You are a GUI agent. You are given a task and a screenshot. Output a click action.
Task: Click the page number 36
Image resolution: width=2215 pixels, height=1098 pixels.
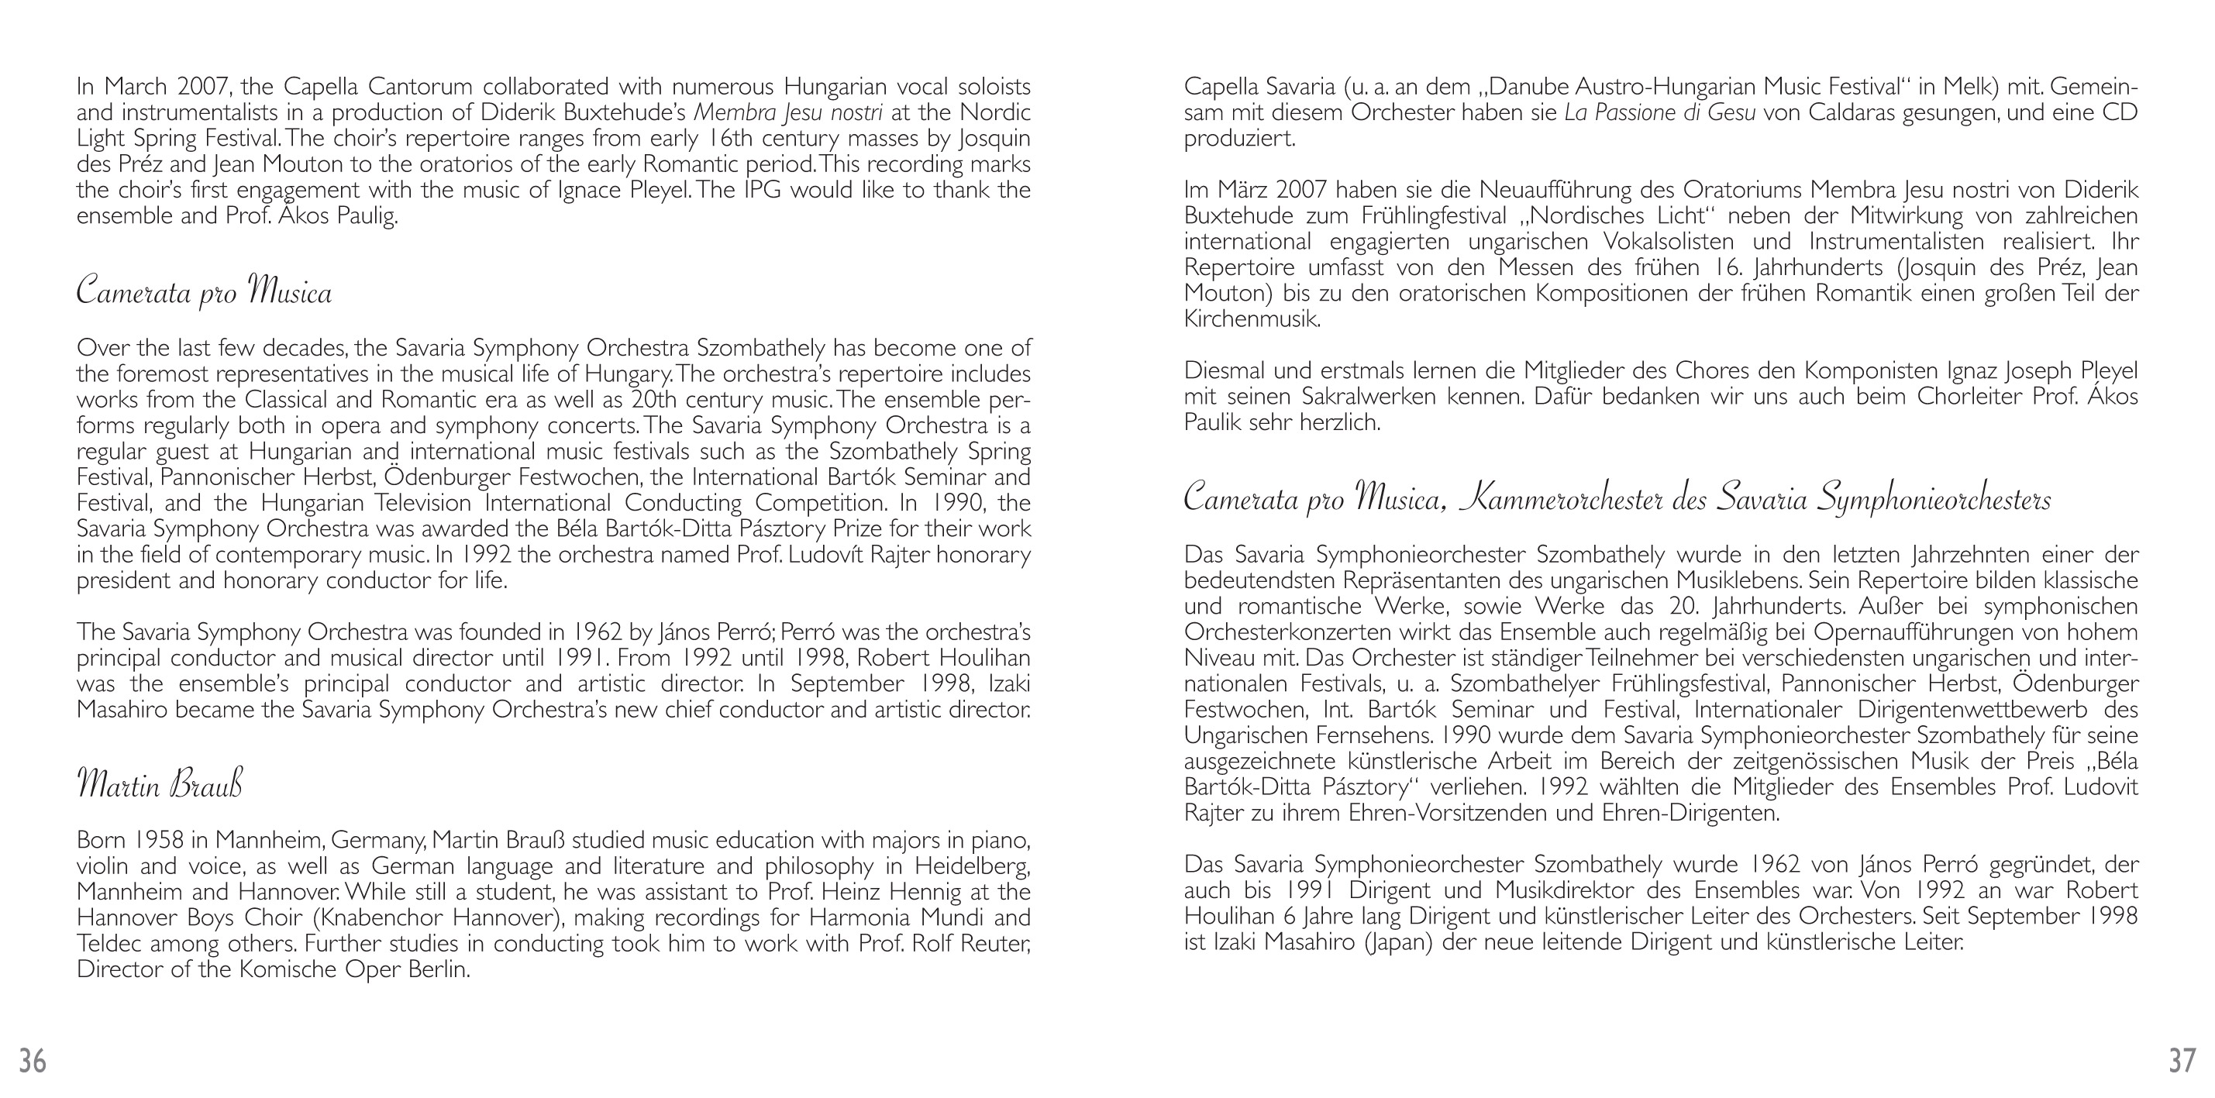click(x=33, y=1061)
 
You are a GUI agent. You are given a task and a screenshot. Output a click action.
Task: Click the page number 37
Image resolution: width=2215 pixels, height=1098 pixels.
click(x=2182, y=1061)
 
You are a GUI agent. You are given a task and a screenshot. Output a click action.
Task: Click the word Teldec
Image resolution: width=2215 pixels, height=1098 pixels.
click(x=109, y=943)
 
